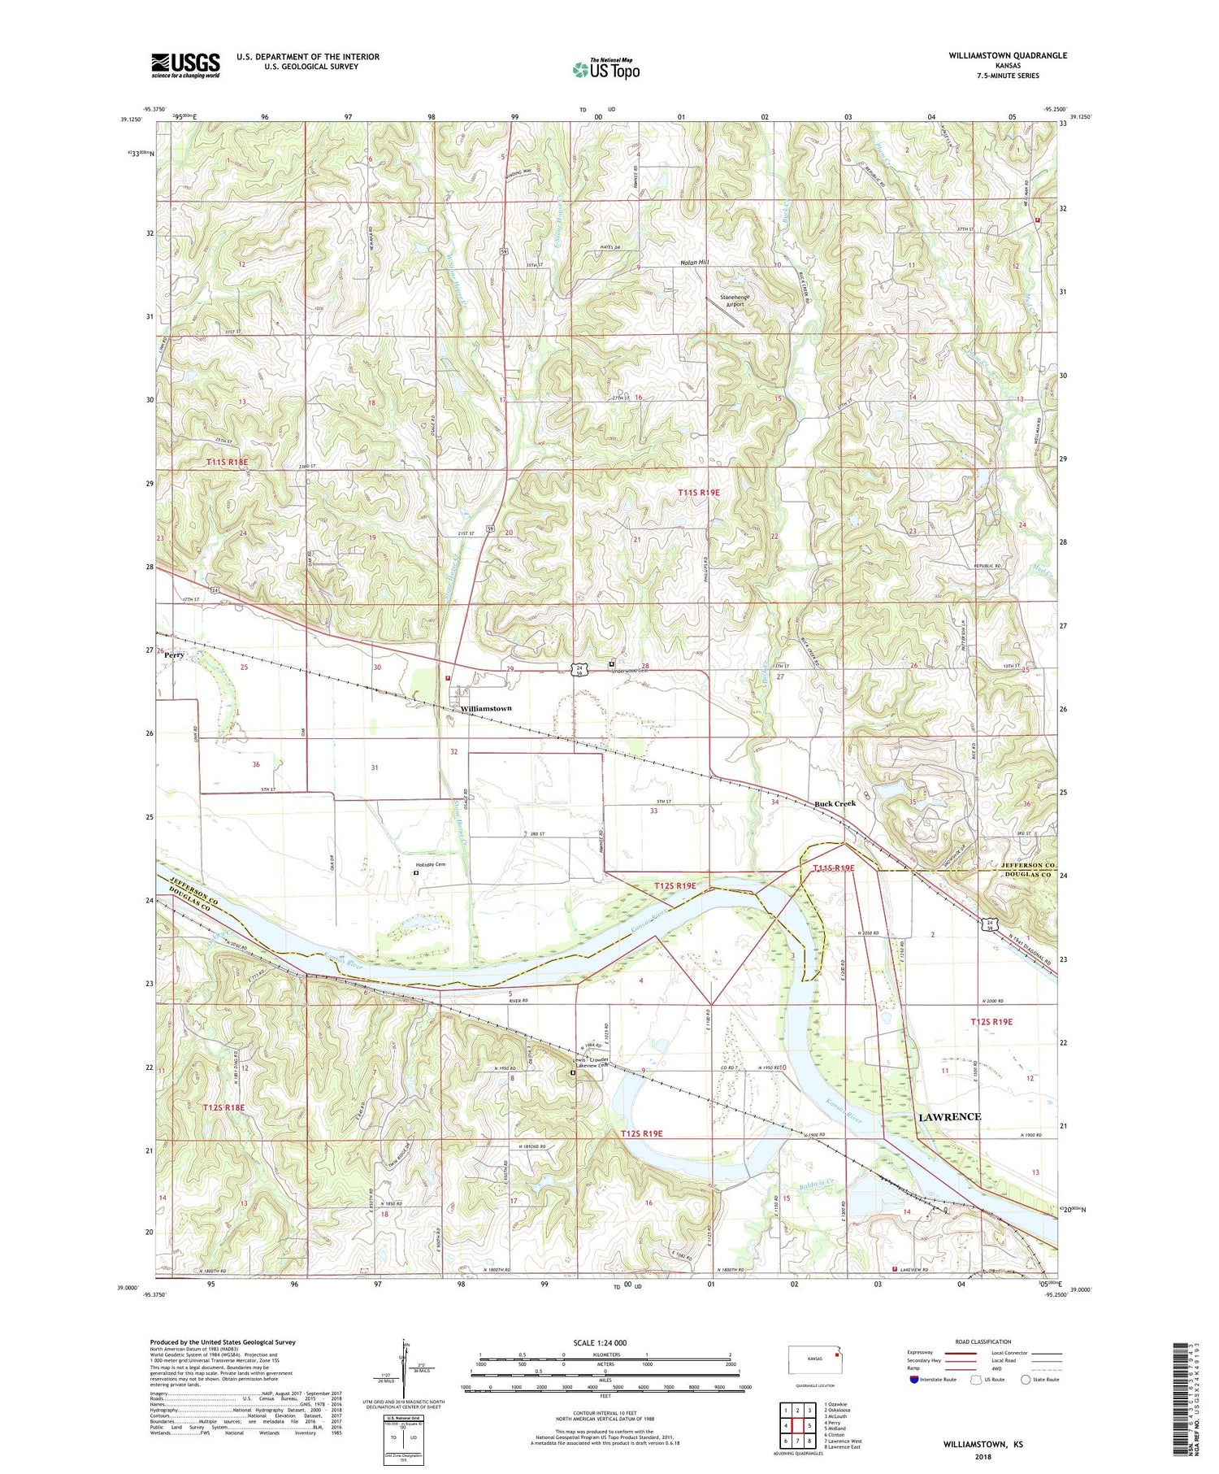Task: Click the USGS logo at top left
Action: pyautogui.click(x=185, y=65)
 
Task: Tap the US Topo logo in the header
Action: pyautogui.click(x=605, y=69)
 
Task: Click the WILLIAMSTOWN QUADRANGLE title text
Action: pyautogui.click(x=1007, y=55)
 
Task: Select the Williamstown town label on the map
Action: pyautogui.click(x=486, y=708)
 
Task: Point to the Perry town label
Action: pyautogui.click(x=175, y=654)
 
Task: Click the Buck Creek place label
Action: pyautogui.click(x=835, y=803)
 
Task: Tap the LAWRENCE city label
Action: pyautogui.click(x=949, y=1116)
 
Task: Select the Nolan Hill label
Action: pyautogui.click(x=694, y=263)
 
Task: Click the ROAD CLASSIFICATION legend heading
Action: pyautogui.click(x=983, y=1341)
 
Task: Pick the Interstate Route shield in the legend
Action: pyautogui.click(x=915, y=1380)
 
